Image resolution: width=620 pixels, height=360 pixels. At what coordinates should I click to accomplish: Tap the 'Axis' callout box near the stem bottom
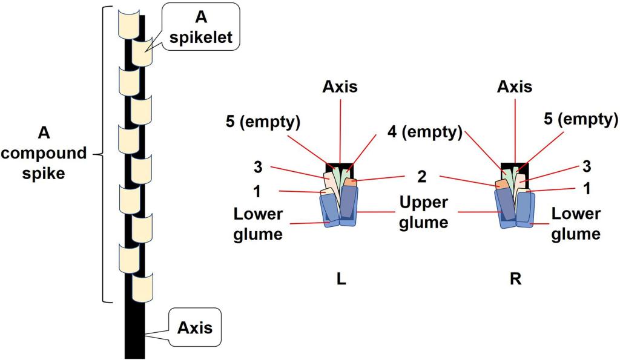point(194,329)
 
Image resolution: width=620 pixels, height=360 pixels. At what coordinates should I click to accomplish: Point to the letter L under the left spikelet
point(341,280)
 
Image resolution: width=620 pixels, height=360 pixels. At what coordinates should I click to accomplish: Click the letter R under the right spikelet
point(516,280)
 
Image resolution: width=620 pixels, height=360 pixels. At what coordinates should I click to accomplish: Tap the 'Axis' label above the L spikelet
point(339,87)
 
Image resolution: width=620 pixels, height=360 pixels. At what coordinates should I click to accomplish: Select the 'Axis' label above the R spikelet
point(515,87)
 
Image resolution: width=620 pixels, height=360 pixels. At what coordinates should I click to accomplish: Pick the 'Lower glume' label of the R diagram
point(576,223)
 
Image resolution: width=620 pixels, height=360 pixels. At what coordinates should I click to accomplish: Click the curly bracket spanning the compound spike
point(107,154)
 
